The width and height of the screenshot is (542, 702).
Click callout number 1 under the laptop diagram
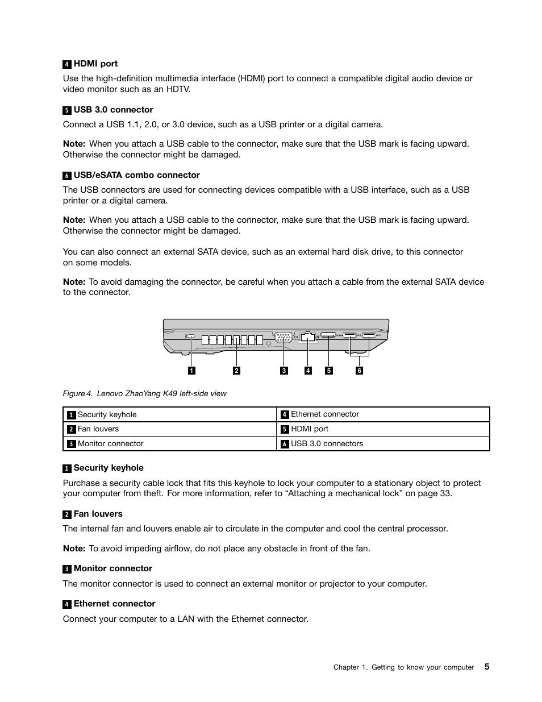coord(191,371)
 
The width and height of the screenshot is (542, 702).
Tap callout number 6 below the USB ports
coord(359,371)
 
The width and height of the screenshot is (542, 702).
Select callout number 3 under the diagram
coord(284,371)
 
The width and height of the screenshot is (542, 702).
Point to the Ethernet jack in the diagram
coord(308,337)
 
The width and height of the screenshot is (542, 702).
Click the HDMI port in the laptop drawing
coord(328,336)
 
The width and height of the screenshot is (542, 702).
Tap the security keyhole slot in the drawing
coord(191,337)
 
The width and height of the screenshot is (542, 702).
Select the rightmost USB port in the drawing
coord(368,335)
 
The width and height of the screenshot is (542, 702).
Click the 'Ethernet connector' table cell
coord(325,414)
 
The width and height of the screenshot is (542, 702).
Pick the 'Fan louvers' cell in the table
coord(98,429)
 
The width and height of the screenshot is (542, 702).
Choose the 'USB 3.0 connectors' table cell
coord(327,444)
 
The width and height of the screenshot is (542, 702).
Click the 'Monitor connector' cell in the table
coord(110,444)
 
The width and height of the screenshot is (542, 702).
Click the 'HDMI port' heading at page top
coord(95,64)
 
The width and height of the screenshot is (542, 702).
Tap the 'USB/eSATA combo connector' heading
coord(136,175)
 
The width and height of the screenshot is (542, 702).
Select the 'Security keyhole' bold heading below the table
coord(109,468)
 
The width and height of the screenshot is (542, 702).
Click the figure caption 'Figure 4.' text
coord(77,393)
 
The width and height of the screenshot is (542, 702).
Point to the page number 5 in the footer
coord(487,667)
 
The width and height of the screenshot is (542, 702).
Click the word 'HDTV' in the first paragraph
coord(178,89)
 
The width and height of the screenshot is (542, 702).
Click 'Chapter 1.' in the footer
coord(350,667)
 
